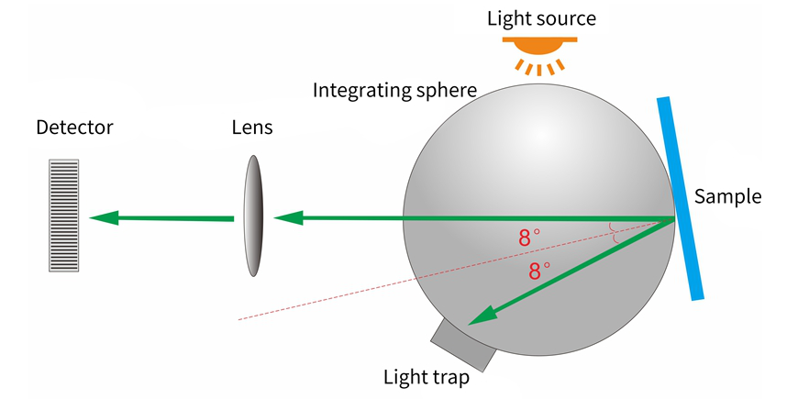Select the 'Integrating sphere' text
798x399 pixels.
[394, 90]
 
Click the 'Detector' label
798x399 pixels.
[74, 127]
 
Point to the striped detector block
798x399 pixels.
[63, 215]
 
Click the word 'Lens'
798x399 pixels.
[252, 127]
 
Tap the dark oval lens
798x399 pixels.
[252, 216]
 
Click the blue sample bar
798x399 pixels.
[680, 197]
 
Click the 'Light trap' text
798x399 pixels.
[427, 377]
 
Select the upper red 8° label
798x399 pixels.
[529, 238]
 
